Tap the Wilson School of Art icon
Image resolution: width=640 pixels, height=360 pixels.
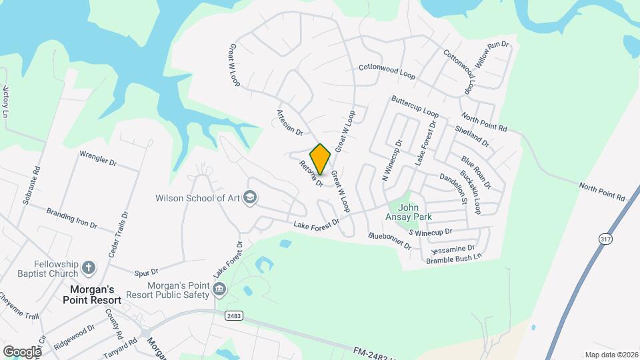250,197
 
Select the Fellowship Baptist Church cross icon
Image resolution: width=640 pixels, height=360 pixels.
89,268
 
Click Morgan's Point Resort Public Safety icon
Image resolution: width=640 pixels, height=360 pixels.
219,290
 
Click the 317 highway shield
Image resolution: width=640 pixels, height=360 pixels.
605,238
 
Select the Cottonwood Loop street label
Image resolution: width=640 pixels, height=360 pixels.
387,71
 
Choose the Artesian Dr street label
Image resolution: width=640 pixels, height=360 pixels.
289,123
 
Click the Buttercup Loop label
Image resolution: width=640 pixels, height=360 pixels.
415,107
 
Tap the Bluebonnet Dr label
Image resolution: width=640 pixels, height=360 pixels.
390,240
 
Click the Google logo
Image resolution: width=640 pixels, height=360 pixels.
22,351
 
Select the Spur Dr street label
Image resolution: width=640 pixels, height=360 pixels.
145,272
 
